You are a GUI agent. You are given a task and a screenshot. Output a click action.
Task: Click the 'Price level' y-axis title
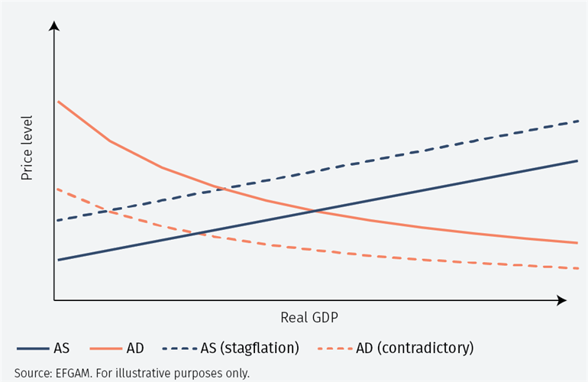tap(27, 148)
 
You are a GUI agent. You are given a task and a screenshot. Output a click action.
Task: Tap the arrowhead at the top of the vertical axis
tap(54, 26)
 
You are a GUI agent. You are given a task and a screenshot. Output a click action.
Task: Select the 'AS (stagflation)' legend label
tap(250, 348)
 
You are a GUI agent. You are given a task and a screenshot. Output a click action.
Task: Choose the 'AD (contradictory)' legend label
tap(415, 348)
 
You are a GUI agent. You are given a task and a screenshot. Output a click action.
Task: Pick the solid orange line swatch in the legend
tap(106, 348)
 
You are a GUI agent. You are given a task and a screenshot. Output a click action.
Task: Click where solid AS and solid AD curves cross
tap(314, 210)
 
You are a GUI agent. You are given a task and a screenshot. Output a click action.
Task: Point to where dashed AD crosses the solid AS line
tap(200, 232)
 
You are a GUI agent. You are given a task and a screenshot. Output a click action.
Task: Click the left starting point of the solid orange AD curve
tap(57, 101)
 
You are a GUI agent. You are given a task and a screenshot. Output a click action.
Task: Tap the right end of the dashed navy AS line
tap(577, 121)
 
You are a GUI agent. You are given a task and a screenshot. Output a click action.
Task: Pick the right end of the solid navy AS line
tap(577, 160)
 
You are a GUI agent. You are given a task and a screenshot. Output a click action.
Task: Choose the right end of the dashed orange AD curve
tap(577, 268)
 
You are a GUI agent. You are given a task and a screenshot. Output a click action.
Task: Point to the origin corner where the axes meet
tap(54, 301)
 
